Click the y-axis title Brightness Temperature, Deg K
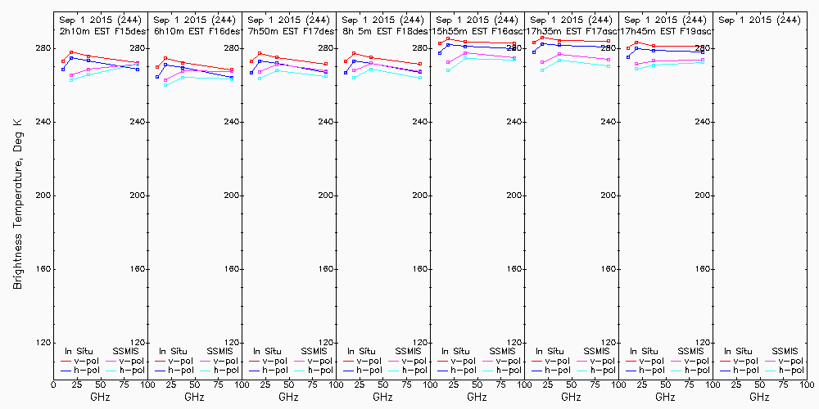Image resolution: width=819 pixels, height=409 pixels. click(x=17, y=203)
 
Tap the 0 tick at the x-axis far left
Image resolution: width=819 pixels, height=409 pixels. click(x=53, y=384)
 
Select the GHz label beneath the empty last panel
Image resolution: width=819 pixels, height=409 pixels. click(x=759, y=397)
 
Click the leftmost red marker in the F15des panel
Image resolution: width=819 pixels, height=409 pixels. click(x=63, y=61)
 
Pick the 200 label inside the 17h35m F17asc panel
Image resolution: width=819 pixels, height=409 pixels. click(x=608, y=196)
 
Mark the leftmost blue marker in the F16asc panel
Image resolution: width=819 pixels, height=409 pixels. click(x=440, y=52)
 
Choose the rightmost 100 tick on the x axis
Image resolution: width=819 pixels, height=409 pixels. click(x=806, y=384)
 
